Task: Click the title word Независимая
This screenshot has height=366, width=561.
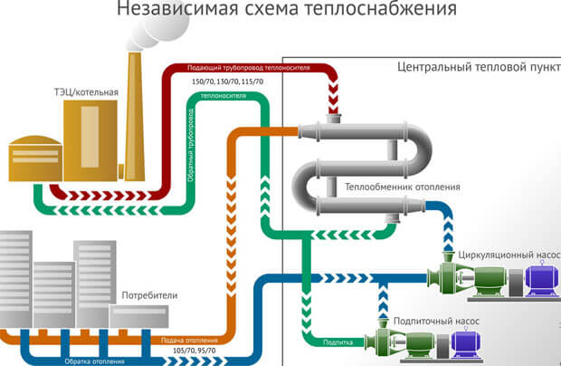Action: pyautogui.click(x=165, y=11)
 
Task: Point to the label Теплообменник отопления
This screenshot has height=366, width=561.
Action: pyautogui.click(x=403, y=188)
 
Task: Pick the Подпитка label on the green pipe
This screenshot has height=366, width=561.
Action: pyautogui.click(x=338, y=342)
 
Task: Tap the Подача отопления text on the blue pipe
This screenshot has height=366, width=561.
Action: pyautogui.click(x=186, y=341)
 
